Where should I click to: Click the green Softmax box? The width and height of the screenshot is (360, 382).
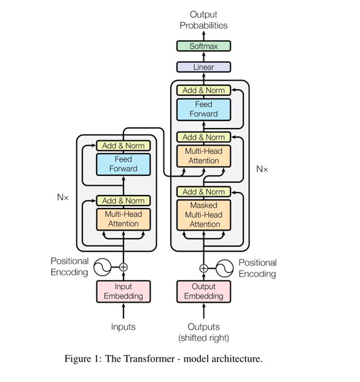tap(203, 46)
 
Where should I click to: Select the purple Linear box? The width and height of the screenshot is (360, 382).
tap(203, 67)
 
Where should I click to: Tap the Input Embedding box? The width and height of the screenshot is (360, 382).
tap(123, 292)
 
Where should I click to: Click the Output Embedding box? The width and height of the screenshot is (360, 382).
tap(203, 292)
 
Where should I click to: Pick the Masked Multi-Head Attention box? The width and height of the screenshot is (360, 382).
tap(203, 215)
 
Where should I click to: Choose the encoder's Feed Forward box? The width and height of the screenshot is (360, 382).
tap(123, 164)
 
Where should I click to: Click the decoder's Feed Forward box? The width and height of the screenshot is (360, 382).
tap(203, 109)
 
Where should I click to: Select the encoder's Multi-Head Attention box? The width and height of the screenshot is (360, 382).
tap(123, 219)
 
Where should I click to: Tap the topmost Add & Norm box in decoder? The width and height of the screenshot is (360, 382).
tap(203, 90)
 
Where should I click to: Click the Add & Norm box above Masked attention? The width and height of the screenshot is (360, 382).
tap(203, 191)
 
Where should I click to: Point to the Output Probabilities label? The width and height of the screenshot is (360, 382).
tap(203, 20)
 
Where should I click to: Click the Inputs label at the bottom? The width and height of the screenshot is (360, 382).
tap(123, 327)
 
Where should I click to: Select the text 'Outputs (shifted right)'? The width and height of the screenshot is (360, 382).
tap(203, 332)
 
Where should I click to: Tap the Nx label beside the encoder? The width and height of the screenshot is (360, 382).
tap(63, 197)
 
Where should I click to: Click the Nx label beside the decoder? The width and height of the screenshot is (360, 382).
tap(262, 169)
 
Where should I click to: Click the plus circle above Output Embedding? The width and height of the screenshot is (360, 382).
tap(203, 268)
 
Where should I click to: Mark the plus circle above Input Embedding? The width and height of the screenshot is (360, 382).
tap(123, 267)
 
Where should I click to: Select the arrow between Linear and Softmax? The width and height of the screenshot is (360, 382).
tap(203, 57)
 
